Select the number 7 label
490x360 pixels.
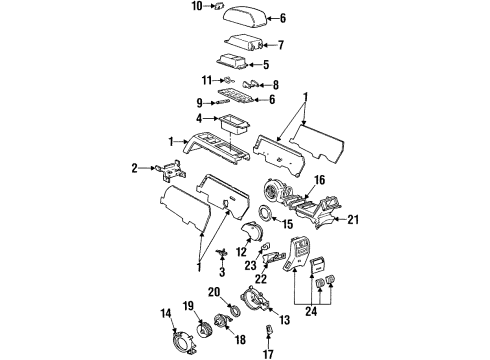click(281, 44)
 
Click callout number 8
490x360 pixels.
click(275, 85)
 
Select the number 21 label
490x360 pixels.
click(351, 219)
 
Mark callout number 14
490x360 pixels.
click(165, 316)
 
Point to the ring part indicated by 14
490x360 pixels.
click(183, 331)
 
